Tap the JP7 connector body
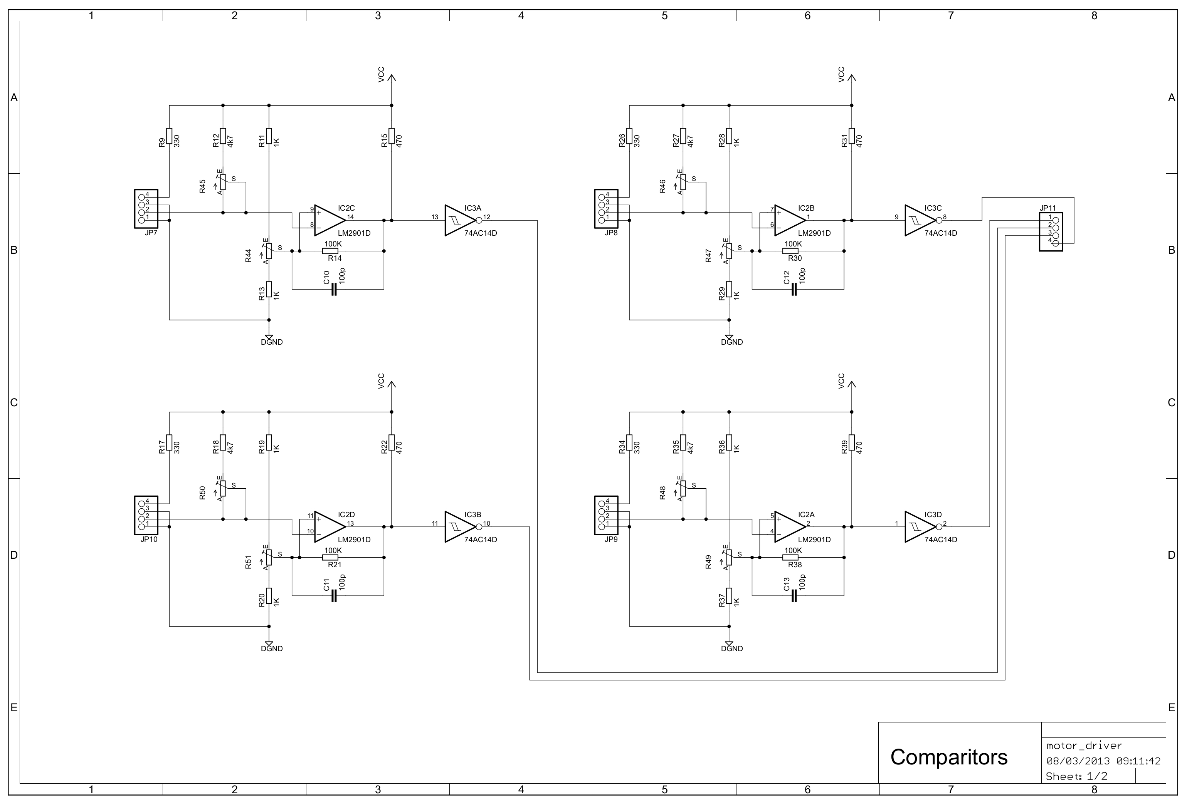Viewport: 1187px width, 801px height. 146,209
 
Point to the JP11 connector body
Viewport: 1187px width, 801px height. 1051,231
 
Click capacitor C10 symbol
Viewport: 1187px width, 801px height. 334,290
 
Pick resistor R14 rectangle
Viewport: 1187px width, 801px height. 330,251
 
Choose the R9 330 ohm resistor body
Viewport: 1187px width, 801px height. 169,136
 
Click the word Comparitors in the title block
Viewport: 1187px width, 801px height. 948,757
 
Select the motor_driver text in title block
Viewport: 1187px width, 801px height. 1084,746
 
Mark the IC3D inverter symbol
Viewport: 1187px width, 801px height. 920,526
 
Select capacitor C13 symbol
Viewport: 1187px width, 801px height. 794,596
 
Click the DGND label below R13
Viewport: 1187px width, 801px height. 272,342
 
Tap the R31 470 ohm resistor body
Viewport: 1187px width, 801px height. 851,136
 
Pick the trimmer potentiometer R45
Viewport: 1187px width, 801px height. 223,182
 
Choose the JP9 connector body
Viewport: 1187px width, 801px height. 606,515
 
